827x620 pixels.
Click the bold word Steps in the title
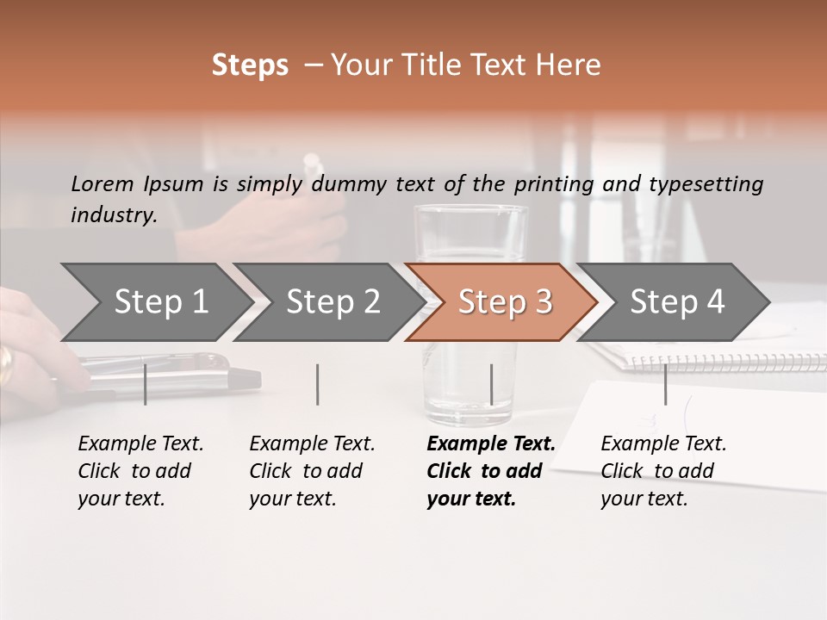(x=250, y=65)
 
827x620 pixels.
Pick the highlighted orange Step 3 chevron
(x=505, y=302)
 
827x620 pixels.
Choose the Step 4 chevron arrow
(x=677, y=302)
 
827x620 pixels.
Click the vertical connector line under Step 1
(x=146, y=384)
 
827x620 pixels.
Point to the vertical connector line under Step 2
(x=318, y=384)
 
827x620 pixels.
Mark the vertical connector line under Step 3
(x=491, y=384)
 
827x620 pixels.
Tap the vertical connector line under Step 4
(x=665, y=384)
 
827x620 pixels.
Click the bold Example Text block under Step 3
(x=491, y=471)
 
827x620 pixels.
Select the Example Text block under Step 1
(x=140, y=471)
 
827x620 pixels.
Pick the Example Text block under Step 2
(x=312, y=471)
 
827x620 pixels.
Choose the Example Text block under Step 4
(x=663, y=471)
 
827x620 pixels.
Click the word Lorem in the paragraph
(x=103, y=184)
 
